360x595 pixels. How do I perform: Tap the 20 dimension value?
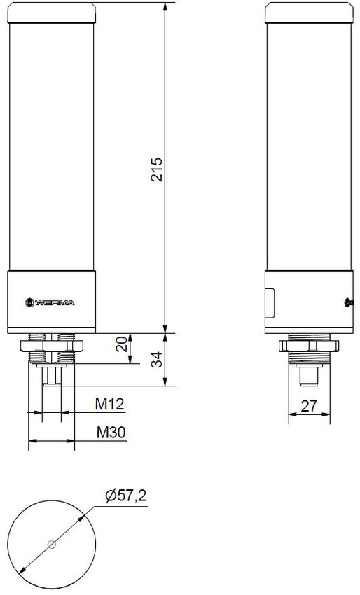123,344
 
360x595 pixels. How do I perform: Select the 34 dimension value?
157,360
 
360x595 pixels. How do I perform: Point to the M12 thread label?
110,405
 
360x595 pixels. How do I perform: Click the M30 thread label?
111,432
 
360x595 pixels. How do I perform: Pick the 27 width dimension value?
309,406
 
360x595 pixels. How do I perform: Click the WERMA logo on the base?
50,302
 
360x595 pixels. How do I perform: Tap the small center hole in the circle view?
51,545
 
